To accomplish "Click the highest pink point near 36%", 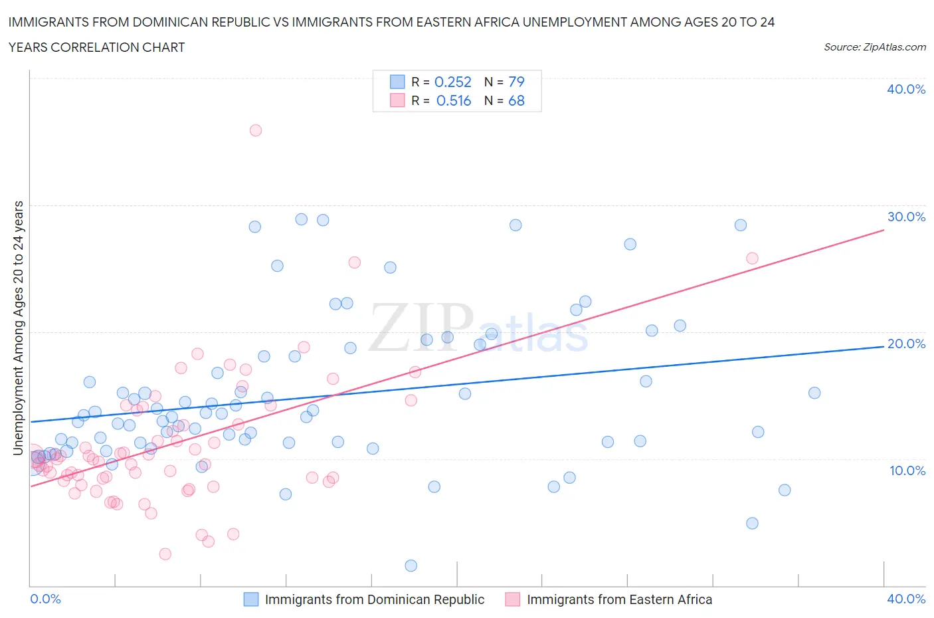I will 255,130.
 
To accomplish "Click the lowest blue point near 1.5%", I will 411,566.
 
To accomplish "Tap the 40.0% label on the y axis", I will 906,89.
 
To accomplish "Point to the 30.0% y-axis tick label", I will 906,217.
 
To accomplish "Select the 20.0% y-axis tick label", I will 906,344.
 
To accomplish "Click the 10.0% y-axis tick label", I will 906,470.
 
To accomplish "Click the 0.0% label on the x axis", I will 46,599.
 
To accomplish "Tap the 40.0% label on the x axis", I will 906,599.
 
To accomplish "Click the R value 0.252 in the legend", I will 452,82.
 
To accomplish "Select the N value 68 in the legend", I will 516,100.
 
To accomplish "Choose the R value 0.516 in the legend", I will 453,100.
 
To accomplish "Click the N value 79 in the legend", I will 516,82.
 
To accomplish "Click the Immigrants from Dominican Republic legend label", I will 375,599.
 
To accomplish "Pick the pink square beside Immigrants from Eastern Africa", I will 512,599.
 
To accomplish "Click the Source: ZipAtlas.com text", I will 874,47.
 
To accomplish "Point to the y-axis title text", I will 19,328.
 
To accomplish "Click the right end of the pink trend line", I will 884,230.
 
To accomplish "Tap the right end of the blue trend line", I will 884,347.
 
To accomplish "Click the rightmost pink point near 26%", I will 752,258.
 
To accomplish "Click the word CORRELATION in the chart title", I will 98,47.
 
